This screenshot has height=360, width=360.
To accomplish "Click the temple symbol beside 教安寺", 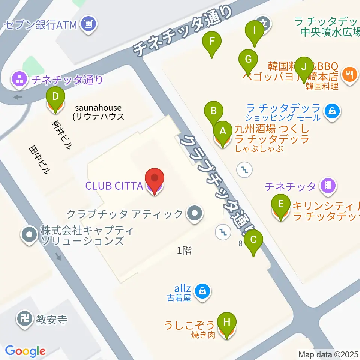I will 25,319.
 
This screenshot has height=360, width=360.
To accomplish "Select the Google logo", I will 25,351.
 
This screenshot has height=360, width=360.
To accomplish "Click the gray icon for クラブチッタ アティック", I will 194,214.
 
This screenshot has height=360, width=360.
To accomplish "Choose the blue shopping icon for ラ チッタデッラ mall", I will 332,111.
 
